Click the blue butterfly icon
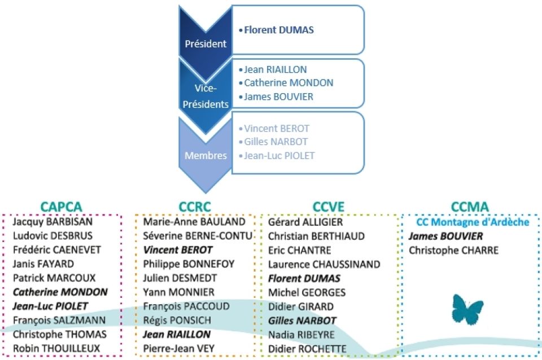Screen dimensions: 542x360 point(467,309)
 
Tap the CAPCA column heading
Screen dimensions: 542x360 point(61,207)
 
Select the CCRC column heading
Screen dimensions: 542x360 point(195,207)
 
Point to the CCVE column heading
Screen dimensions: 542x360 point(329,207)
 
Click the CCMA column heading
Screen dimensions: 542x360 point(470,207)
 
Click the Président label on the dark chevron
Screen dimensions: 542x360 point(206,44)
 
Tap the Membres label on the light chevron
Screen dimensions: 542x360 point(206,156)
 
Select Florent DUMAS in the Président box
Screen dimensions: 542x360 point(279,30)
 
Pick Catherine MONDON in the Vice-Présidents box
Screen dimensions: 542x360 point(289,83)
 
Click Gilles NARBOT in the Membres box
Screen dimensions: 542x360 point(276,142)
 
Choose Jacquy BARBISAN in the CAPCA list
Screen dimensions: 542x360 point(53,222)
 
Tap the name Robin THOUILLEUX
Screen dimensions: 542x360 point(56,348)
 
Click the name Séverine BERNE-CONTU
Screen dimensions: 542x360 point(198,236)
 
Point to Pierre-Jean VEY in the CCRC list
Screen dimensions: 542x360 point(179,349)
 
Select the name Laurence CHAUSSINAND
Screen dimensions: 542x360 point(324,264)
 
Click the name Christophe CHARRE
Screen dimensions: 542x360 point(453,250)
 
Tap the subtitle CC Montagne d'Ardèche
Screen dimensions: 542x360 point(473,222)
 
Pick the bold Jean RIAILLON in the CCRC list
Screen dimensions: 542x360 point(177,335)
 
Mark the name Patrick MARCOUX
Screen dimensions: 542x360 point(54,278)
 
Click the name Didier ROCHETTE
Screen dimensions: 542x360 point(307,349)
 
